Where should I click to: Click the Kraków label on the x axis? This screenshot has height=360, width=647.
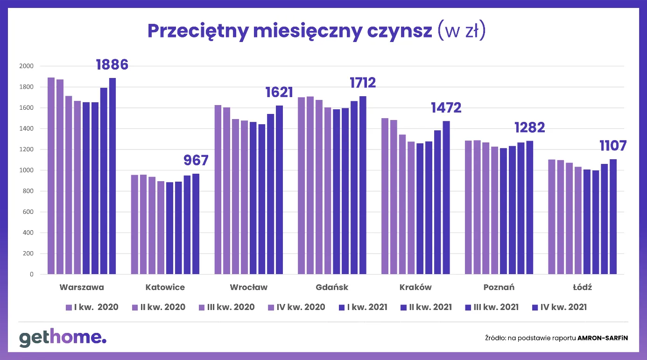[415, 287]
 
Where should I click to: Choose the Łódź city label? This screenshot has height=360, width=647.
[583, 287]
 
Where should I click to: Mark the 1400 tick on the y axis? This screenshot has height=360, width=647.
[27, 129]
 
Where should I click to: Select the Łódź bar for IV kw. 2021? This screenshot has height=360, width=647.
[613, 217]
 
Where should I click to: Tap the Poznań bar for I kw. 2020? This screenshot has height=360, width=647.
[468, 207]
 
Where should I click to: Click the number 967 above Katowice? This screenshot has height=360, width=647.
[196, 161]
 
